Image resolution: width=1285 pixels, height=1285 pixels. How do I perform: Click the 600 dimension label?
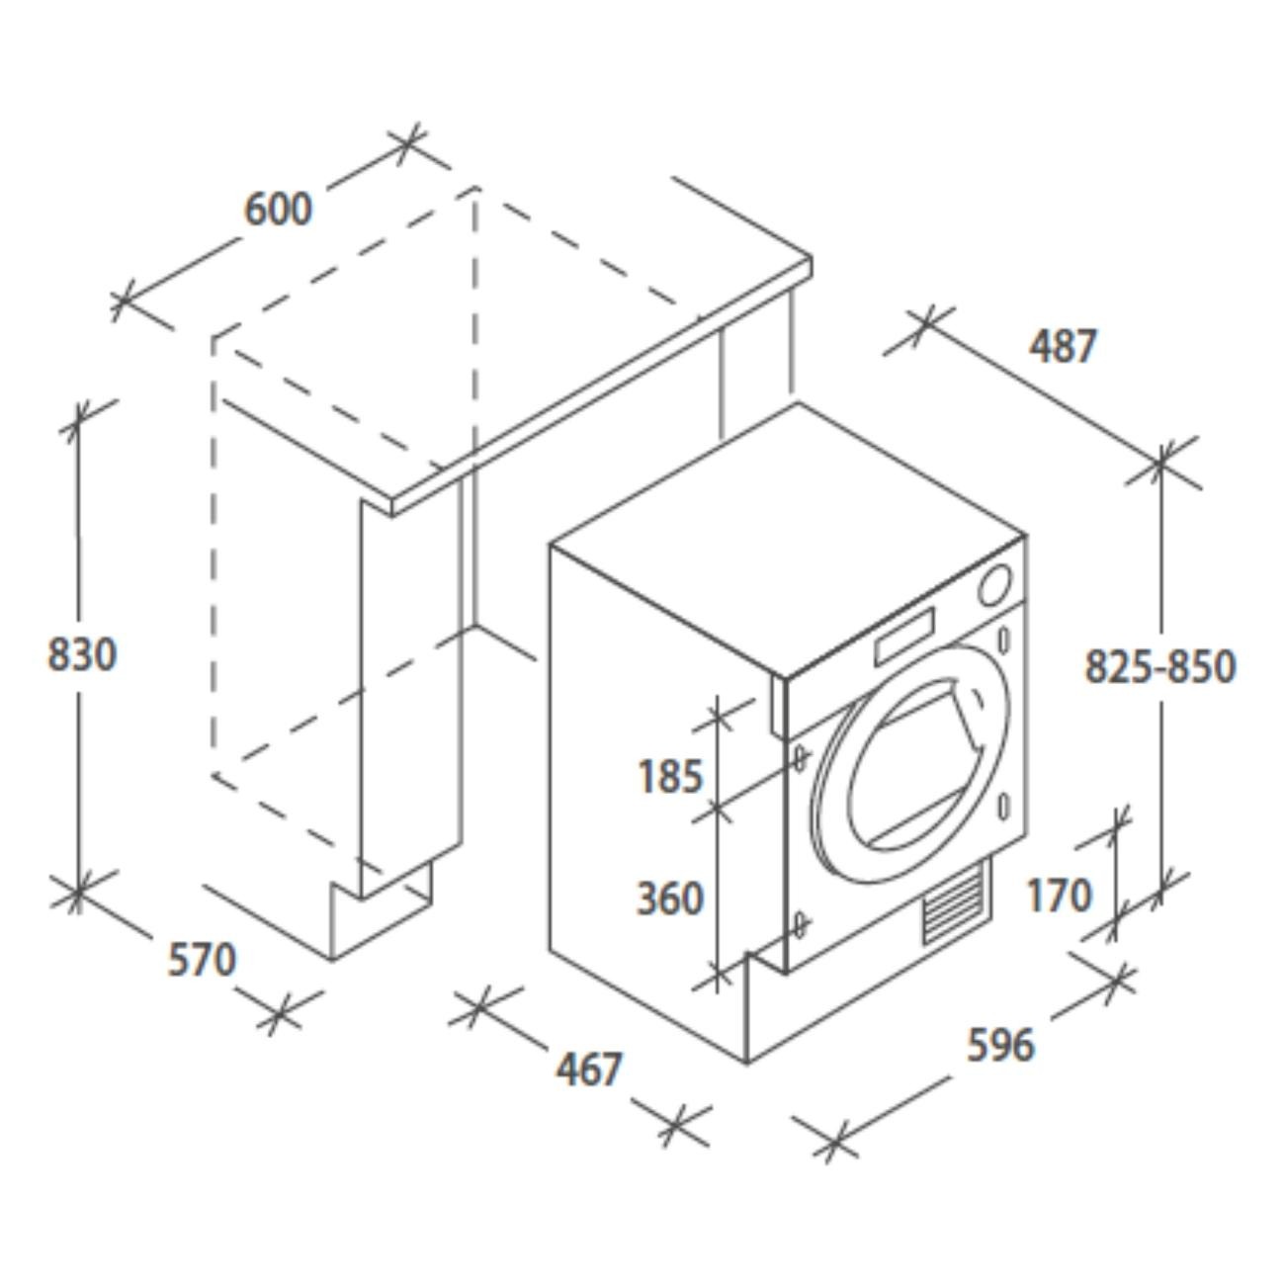tap(278, 209)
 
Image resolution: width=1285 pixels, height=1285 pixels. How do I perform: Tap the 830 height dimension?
tap(82, 653)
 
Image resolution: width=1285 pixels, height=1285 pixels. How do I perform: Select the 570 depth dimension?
tap(202, 961)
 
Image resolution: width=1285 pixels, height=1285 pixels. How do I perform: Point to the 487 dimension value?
tap(1063, 346)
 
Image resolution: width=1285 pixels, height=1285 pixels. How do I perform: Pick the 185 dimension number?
tap(670, 776)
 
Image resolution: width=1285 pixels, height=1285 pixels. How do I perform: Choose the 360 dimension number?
tap(670, 898)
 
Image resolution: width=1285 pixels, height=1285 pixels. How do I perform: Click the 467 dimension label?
tap(589, 1069)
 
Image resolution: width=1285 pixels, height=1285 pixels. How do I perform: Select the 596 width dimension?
tap(1000, 1044)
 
